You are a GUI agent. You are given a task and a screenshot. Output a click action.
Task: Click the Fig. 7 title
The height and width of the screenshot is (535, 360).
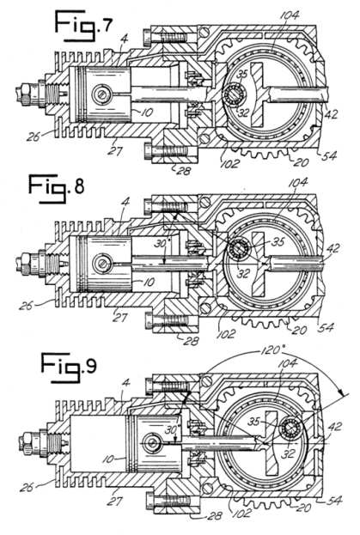coord(83,26)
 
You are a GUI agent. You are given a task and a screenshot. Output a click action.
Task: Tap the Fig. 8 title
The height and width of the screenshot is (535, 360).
coord(56,188)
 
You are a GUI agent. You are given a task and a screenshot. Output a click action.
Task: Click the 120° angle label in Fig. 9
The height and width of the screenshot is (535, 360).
coord(272,350)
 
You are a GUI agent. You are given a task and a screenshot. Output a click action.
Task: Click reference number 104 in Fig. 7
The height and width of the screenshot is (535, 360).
coord(290,15)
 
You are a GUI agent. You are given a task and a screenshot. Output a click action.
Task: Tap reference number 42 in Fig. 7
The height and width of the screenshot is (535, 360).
coord(330,113)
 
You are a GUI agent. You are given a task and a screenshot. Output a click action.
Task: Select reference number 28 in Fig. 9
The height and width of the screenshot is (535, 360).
coord(214,515)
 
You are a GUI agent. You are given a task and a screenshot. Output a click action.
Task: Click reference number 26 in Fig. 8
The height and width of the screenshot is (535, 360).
coord(26,305)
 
